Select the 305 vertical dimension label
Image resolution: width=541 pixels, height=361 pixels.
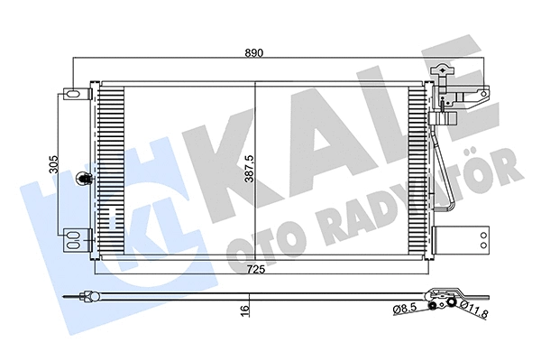point(54,164)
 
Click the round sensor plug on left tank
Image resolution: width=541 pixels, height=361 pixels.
point(85,180)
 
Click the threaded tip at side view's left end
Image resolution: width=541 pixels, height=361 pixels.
point(73,295)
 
